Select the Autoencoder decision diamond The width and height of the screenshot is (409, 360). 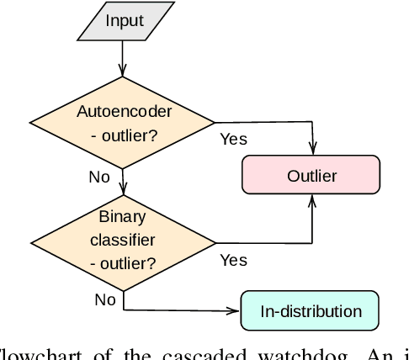pyautogui.click(x=123, y=122)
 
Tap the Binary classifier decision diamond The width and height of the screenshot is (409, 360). pyautogui.click(x=123, y=239)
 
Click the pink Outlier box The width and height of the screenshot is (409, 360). pyautogui.click(x=311, y=176)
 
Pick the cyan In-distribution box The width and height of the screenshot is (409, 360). pyautogui.click(x=311, y=310)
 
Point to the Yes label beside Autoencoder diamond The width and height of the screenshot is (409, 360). pyautogui.click(x=233, y=139)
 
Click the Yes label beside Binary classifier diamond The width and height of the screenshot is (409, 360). pyautogui.click(x=233, y=260)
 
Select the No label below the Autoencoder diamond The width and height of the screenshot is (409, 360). pyautogui.click(x=99, y=177)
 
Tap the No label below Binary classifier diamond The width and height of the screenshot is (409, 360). pyautogui.click(x=104, y=299)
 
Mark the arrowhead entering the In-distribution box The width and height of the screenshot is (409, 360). pyautogui.click(x=235, y=310)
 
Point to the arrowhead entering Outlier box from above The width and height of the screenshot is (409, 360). pyautogui.click(x=312, y=151)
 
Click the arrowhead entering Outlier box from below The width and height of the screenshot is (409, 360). pyautogui.click(x=312, y=200)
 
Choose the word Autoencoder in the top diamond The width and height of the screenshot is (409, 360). pyautogui.click(x=123, y=111)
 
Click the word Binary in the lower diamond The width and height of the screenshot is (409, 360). pyautogui.click(x=123, y=216)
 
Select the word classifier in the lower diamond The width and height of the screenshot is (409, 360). pyautogui.click(x=123, y=239)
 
